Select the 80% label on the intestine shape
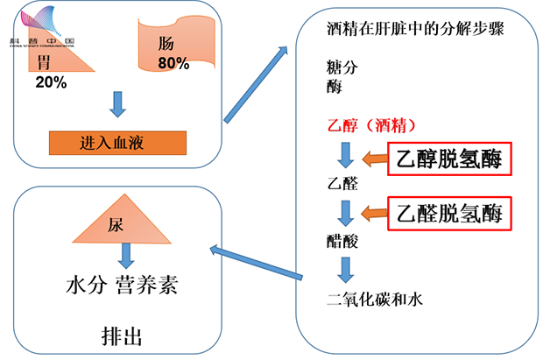(x=174, y=64)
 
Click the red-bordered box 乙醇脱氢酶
(x=449, y=159)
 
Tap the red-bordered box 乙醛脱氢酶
(x=449, y=212)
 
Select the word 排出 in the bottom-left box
(x=116, y=336)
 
